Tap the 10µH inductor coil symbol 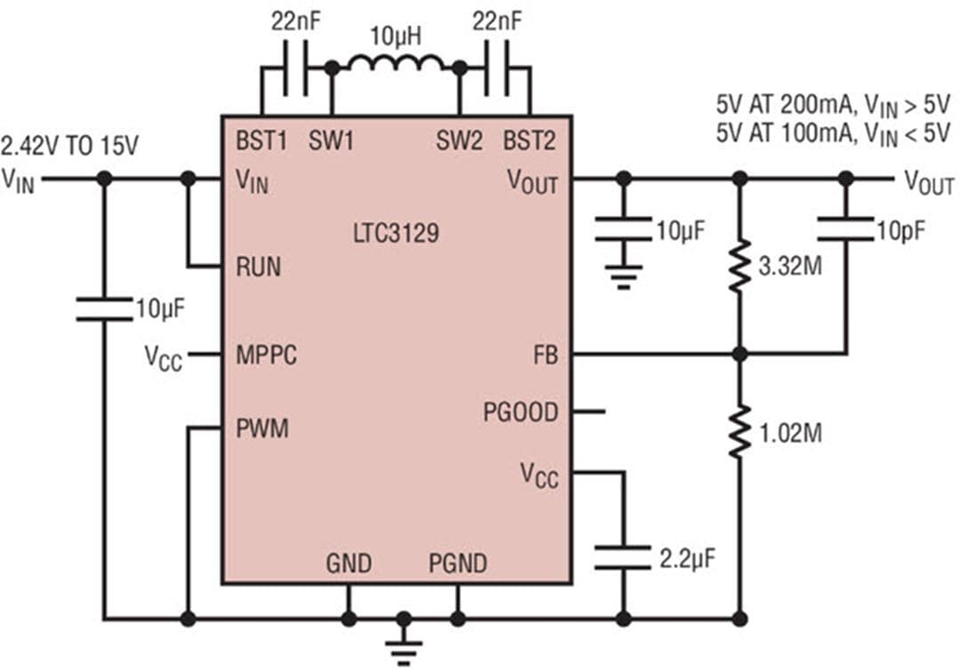(x=396, y=64)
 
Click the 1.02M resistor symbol (x=739, y=433)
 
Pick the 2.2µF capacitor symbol (x=623, y=557)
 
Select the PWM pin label (x=262, y=428)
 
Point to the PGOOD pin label (x=521, y=412)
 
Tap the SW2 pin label (x=459, y=140)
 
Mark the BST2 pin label (x=531, y=140)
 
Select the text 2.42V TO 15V (x=70, y=146)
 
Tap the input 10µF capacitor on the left (x=104, y=309)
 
